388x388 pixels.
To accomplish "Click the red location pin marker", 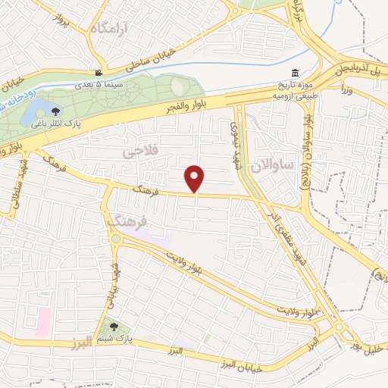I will pos(196,179).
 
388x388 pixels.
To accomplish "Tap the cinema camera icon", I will pos(98,74).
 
